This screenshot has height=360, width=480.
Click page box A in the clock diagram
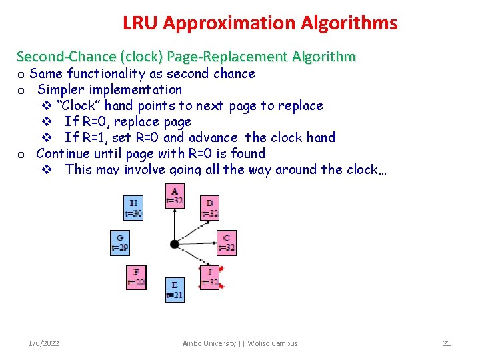tap(175, 196)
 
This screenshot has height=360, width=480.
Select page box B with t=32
tap(210, 208)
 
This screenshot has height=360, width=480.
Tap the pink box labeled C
tap(226, 243)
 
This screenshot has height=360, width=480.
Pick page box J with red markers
tap(210, 277)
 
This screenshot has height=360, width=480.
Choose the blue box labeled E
tap(175, 290)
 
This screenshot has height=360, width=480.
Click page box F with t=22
tap(136, 277)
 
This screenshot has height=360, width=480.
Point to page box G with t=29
tap(120, 243)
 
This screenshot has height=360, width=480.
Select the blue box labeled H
tap(134, 208)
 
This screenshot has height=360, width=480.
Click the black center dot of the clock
tap(175, 244)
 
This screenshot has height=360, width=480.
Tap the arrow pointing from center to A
tap(175, 223)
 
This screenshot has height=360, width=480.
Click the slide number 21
tap(447, 343)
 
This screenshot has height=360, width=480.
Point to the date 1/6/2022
tap(43, 343)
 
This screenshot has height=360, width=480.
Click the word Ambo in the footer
tap(193, 343)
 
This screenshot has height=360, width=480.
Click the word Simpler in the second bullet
tap(62, 89)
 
